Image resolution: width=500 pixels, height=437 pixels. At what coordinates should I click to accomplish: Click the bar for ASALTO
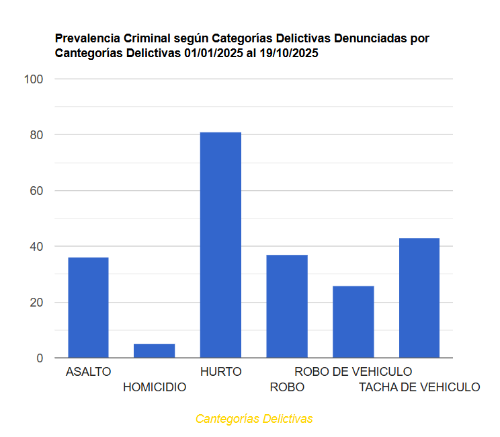click(88, 307)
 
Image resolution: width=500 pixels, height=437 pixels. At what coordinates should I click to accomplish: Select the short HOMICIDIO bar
click(154, 350)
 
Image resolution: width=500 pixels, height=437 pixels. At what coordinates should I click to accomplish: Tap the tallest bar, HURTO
click(220, 245)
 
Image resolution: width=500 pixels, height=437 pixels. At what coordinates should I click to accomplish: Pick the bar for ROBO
click(287, 306)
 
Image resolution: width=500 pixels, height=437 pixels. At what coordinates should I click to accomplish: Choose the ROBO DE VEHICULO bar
click(353, 321)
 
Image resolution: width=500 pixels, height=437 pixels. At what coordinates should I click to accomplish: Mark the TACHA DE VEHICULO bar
click(419, 298)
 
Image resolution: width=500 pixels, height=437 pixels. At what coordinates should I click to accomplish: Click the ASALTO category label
click(88, 371)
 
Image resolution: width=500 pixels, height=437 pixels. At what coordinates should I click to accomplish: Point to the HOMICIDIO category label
click(155, 387)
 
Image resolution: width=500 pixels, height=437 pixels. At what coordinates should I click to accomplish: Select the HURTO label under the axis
click(220, 371)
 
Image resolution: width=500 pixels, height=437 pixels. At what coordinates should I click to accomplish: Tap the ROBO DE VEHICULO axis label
click(353, 371)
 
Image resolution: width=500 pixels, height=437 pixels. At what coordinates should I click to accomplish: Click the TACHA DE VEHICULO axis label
click(419, 387)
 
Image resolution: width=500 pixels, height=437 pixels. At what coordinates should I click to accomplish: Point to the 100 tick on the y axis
click(33, 79)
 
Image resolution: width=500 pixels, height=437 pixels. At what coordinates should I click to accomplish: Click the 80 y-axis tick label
click(36, 135)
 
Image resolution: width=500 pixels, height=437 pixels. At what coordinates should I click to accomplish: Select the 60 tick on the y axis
click(36, 191)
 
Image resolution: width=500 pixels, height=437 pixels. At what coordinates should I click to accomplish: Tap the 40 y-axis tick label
click(36, 247)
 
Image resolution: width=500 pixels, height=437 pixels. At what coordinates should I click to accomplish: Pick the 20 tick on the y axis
click(36, 303)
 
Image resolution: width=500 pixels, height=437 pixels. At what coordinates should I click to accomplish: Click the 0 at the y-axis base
click(40, 358)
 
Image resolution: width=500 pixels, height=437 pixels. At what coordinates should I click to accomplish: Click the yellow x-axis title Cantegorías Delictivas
click(254, 419)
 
